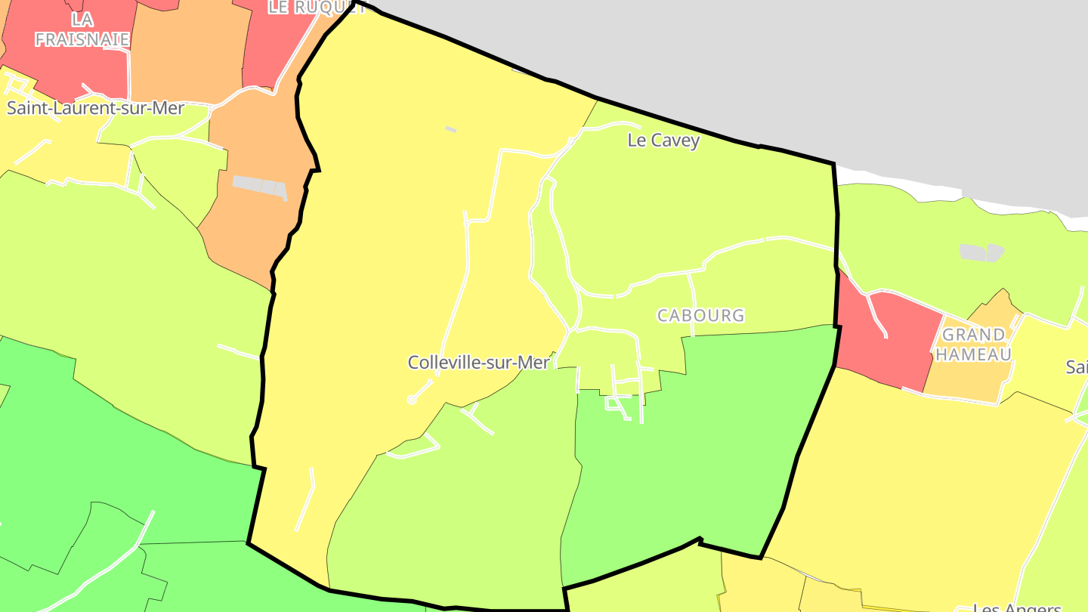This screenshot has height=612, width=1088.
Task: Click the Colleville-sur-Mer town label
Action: pyautogui.click(x=478, y=363)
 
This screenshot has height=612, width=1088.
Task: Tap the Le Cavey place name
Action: pyautogui.click(x=663, y=141)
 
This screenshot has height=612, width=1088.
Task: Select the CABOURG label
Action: pyautogui.click(x=700, y=316)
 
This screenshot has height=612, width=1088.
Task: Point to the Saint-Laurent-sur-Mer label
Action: pyautogui.click(x=95, y=108)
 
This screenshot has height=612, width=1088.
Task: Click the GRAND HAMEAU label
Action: pyautogui.click(x=974, y=345)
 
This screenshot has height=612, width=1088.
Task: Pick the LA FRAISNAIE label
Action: pyautogui.click(x=82, y=29)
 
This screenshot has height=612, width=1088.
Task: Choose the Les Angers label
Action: pyautogui.click(x=1016, y=607)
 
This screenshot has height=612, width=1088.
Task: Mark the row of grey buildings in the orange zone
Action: pyautogui.click(x=260, y=186)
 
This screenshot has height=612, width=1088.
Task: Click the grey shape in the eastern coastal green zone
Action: pyautogui.click(x=981, y=252)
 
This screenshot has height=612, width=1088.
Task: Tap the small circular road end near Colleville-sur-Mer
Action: pyautogui.click(x=412, y=400)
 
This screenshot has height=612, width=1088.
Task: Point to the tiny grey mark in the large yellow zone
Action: pyautogui.click(x=450, y=129)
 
